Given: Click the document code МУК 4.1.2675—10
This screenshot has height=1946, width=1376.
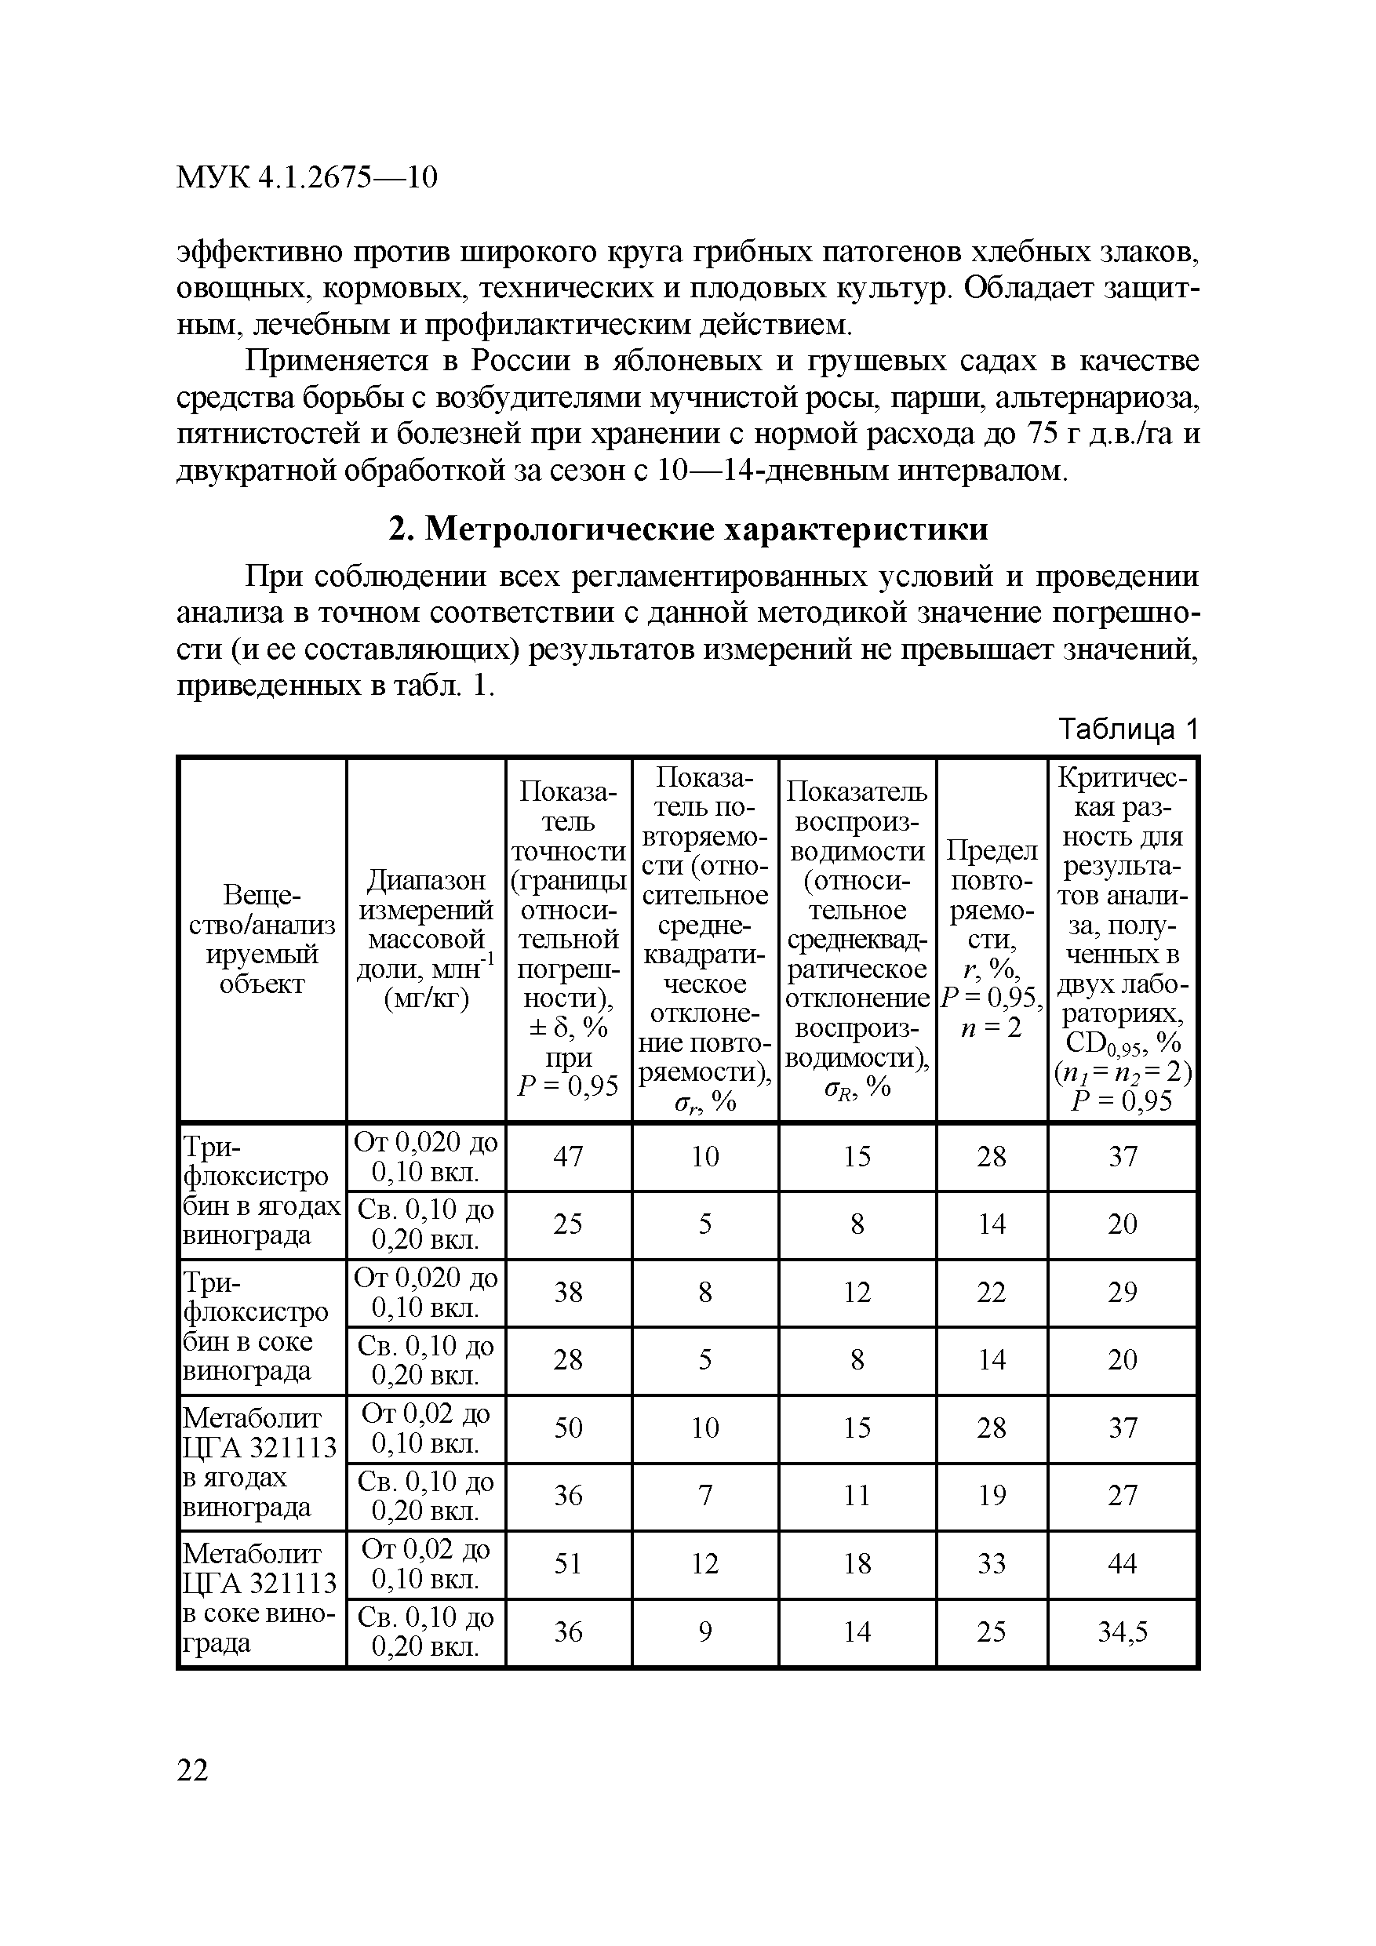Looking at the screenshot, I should pos(306,177).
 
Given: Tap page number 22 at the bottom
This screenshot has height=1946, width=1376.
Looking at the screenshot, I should pos(192,1770).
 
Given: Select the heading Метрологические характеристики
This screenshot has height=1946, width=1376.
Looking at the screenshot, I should pos(689,529).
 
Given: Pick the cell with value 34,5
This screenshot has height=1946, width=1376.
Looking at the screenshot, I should pos(1123,1631).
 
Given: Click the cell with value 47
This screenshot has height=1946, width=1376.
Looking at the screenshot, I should pos(568,1156).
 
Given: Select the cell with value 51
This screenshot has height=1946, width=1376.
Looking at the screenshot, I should pos(568,1563).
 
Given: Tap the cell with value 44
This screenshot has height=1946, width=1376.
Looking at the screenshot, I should pos(1123,1563).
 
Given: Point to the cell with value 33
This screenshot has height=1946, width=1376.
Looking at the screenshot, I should pos(991,1563).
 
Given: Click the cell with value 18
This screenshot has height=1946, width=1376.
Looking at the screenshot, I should pos(857,1563).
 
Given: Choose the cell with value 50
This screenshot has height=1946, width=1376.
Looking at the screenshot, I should pos(568,1428).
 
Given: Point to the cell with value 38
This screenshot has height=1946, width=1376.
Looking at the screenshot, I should pos(568,1292).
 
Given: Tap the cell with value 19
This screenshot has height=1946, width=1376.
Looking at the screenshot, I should pos(991,1495).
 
